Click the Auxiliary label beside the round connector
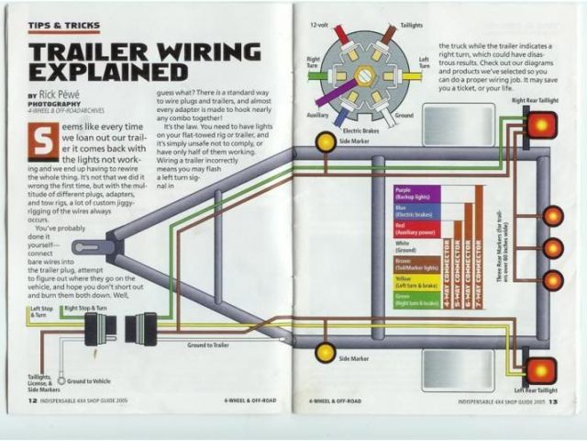click(317, 116)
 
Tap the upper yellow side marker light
click(326, 141)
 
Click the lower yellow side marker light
click(326, 352)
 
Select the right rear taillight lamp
click(540, 123)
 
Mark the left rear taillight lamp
click(540, 370)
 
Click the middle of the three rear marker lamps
click(552, 248)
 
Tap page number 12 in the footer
click(32, 401)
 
